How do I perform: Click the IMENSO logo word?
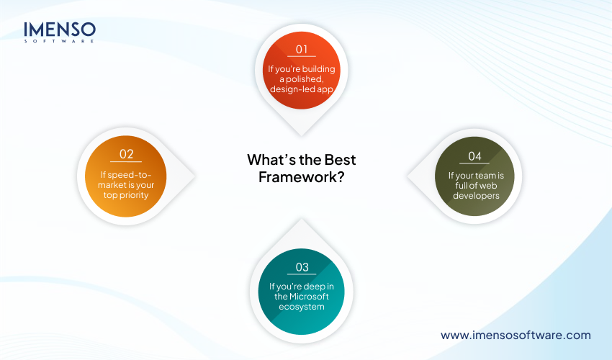point(59,29)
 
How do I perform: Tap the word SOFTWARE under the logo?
point(59,42)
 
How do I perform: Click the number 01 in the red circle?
point(302,50)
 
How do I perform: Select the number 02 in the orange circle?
point(126,153)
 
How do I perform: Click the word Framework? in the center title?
point(301,176)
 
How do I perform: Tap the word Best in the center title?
point(337,160)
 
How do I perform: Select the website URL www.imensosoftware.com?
point(516,335)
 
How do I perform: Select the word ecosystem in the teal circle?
point(302,307)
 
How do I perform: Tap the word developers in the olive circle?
point(477,195)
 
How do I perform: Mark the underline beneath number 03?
point(302,275)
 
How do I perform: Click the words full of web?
point(477,185)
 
